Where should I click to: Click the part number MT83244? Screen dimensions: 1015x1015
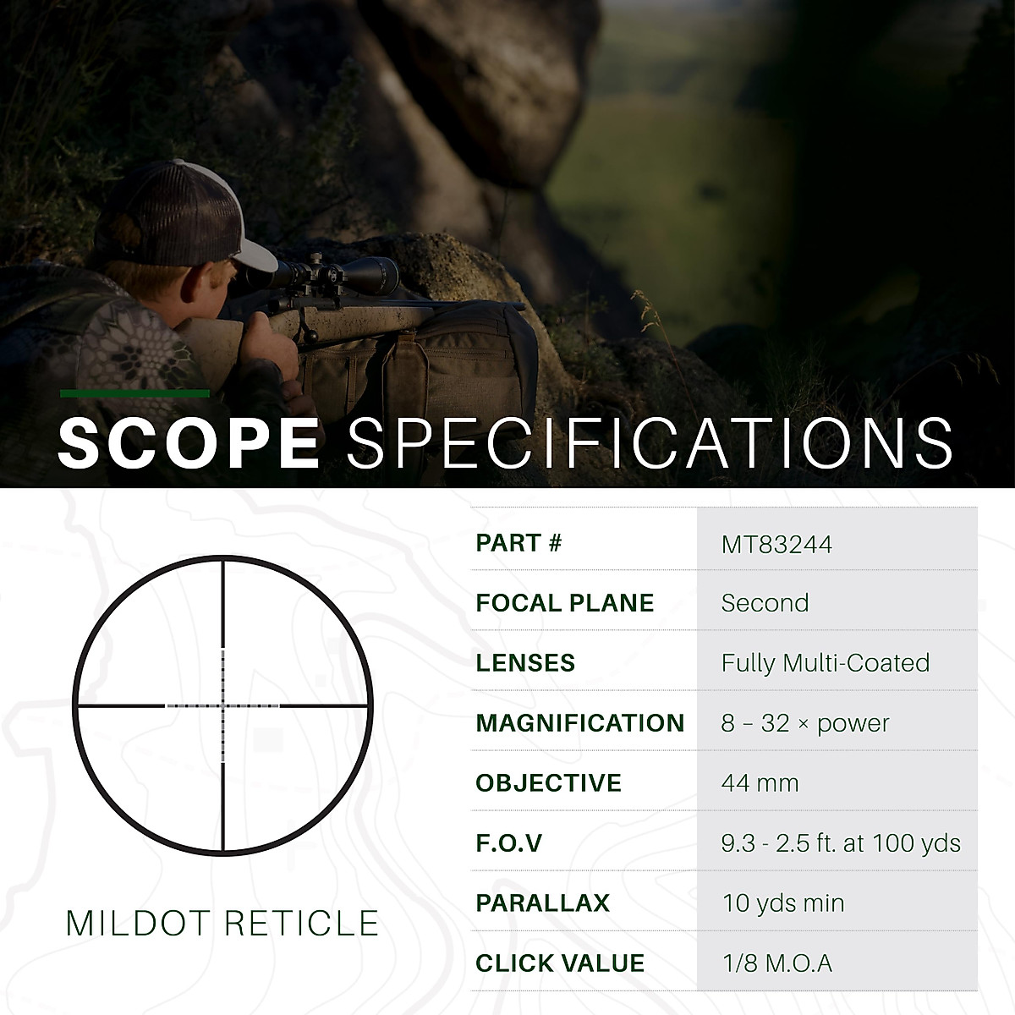(776, 544)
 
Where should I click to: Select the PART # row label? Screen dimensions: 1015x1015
(518, 543)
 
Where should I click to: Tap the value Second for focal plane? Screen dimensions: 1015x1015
(765, 603)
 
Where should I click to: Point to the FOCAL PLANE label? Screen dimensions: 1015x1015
(564, 603)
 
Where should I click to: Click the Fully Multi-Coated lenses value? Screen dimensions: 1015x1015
(825, 663)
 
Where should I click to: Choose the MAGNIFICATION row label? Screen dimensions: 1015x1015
(579, 723)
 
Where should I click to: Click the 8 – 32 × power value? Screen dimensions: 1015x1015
(805, 723)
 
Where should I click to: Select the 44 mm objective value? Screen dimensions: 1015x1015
(760, 783)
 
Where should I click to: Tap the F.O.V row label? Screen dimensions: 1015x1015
(508, 843)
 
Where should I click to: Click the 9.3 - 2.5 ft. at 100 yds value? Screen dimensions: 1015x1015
(841, 843)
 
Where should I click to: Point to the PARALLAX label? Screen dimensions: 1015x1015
(542, 903)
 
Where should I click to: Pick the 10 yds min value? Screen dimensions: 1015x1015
(783, 903)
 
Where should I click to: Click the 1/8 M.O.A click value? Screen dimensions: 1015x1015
(776, 963)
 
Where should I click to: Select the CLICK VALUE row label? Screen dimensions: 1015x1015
(559, 963)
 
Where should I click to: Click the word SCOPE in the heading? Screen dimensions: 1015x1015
(188, 442)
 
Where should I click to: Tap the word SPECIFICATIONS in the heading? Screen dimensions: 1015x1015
(650, 442)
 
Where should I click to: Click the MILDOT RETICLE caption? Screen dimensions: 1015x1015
(222, 924)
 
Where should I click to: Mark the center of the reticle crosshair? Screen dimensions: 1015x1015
(223, 705)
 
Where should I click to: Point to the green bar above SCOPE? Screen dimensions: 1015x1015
(134, 393)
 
